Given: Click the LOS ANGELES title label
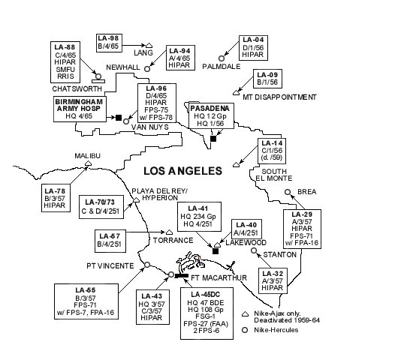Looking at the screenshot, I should (x=178, y=171).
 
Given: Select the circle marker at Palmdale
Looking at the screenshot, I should (x=222, y=56).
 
